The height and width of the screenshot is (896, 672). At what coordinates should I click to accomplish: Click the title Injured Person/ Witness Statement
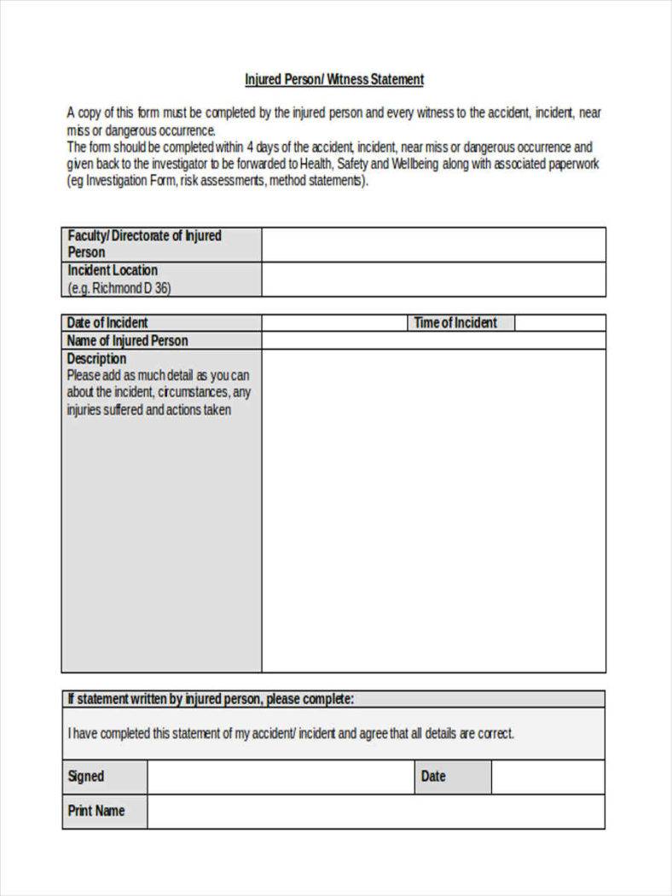(334, 79)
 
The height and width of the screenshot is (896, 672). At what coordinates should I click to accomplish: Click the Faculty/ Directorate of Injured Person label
(144, 244)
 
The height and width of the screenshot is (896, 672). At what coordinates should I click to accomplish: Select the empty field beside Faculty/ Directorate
(433, 245)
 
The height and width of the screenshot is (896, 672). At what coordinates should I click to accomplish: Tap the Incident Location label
(113, 270)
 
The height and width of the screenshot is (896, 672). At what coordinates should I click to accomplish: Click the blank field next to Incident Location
(433, 280)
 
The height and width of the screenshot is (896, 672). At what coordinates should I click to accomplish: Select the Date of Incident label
(107, 322)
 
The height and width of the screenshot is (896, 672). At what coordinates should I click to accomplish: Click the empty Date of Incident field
(333, 323)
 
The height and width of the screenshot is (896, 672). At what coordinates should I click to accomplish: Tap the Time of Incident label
(455, 322)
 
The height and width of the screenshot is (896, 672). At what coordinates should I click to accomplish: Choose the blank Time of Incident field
(559, 323)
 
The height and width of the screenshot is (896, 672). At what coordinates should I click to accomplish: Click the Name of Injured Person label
(128, 340)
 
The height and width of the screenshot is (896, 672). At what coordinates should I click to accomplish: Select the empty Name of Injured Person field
(433, 341)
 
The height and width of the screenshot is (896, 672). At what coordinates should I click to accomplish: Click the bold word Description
(96, 358)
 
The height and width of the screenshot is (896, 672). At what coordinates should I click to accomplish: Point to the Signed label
(86, 776)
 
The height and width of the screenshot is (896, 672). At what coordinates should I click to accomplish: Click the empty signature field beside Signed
(280, 777)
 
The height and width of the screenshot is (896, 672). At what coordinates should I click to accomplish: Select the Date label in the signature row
(433, 776)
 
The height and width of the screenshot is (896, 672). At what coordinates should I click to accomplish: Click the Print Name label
(96, 811)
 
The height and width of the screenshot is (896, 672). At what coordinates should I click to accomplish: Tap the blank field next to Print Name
(375, 812)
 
